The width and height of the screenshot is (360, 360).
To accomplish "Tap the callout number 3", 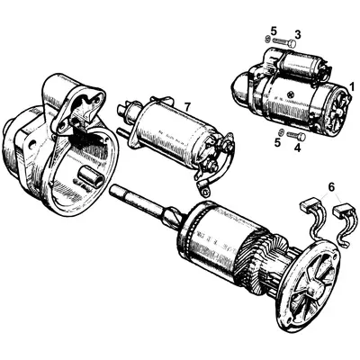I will (x=297, y=34).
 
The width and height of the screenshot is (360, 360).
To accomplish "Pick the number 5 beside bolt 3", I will (x=274, y=32).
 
